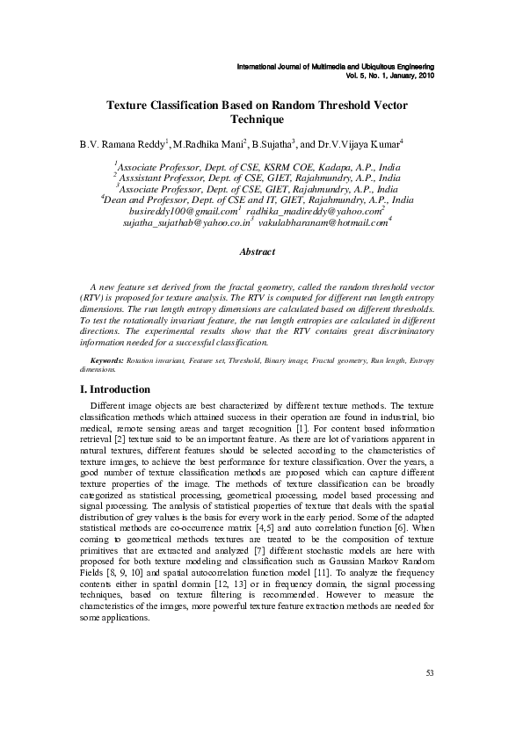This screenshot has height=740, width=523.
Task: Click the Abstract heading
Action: (x=257, y=252)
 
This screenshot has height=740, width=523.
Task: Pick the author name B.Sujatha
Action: (x=274, y=143)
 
